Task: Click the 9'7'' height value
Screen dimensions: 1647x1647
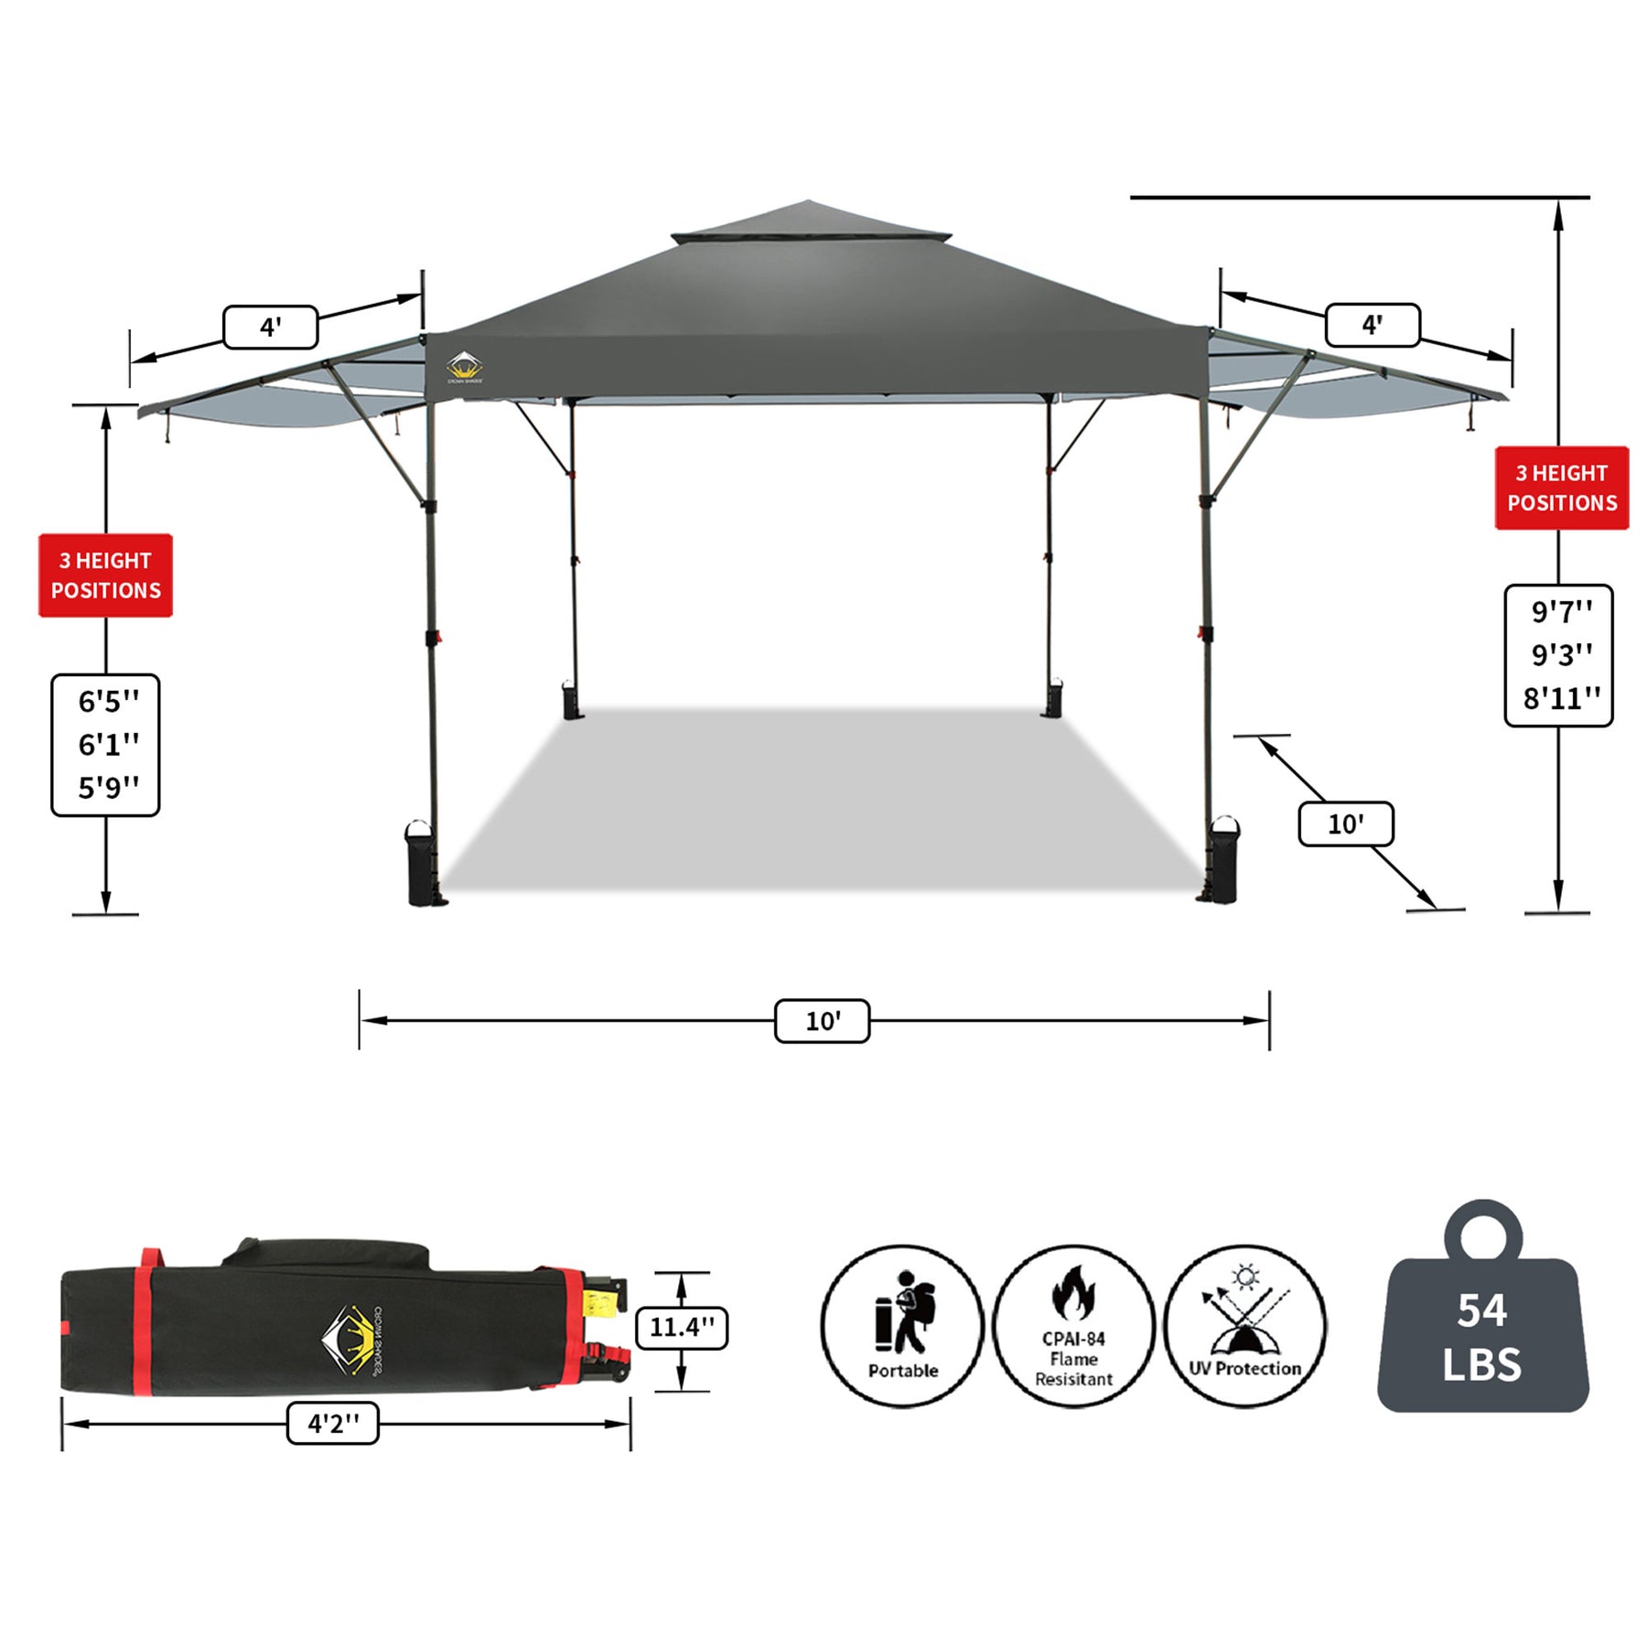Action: click(x=1561, y=611)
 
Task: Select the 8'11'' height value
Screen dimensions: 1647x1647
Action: click(x=1561, y=699)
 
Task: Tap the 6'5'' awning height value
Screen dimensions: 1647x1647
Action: click(x=108, y=702)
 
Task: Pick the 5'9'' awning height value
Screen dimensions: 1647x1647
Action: click(x=108, y=787)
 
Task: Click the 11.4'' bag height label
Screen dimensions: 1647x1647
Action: click(x=682, y=1327)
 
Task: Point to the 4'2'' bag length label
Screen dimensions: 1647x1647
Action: click(x=333, y=1424)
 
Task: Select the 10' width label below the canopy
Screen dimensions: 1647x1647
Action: click(x=822, y=1021)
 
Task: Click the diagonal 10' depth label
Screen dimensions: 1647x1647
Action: click(x=1345, y=824)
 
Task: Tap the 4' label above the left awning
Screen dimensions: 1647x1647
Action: click(x=270, y=328)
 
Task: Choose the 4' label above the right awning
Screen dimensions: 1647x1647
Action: click(x=1372, y=325)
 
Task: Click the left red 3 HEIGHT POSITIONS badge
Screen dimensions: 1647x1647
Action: click(x=105, y=576)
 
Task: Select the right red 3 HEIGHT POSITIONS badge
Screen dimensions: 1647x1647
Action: click(x=1562, y=488)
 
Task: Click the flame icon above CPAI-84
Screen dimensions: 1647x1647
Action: click(x=1073, y=1293)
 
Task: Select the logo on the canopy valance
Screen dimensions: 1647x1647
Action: click(x=465, y=367)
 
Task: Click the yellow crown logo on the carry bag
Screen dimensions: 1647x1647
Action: click(x=348, y=1340)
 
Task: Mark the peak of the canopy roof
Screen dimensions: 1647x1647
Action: click(x=806, y=202)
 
